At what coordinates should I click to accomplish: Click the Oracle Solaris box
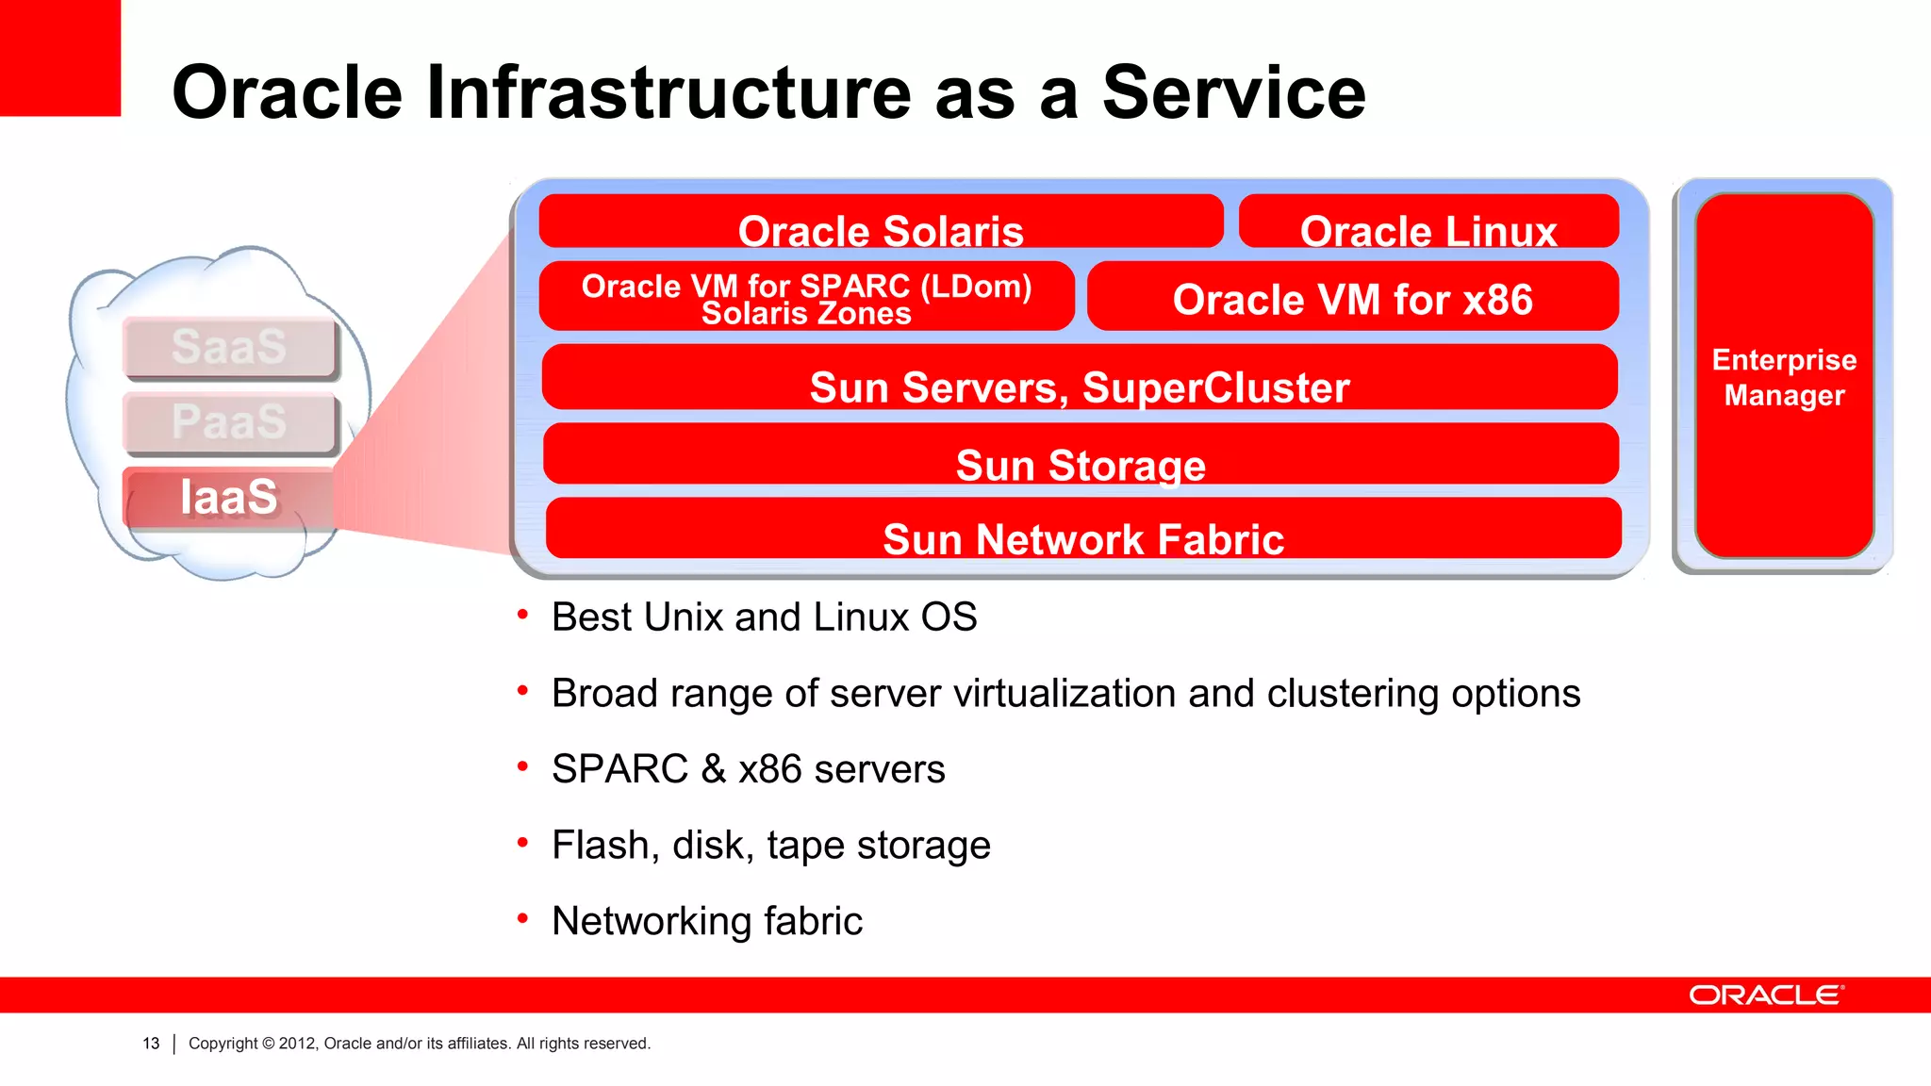click(881, 222)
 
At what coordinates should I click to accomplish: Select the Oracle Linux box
click(1428, 222)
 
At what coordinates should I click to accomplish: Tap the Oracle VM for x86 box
click(1352, 298)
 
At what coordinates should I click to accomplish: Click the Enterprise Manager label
click(1784, 377)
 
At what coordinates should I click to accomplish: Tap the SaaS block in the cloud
click(229, 347)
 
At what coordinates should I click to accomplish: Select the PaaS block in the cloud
click(229, 421)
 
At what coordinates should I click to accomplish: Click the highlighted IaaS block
click(229, 497)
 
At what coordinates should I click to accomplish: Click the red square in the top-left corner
click(59, 57)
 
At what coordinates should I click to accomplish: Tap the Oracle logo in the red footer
click(1765, 995)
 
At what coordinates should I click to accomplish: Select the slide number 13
click(151, 1044)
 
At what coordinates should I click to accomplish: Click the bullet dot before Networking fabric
click(522, 918)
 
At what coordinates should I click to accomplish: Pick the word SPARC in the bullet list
click(619, 769)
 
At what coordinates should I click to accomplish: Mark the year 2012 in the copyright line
click(298, 1044)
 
